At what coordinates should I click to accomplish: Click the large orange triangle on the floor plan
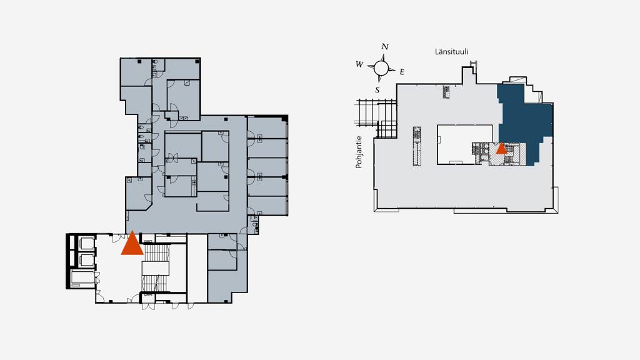(x=132, y=245)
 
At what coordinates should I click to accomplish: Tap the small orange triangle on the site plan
(x=501, y=149)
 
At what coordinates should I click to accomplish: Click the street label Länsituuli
(x=452, y=52)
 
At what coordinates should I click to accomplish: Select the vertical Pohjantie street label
(x=359, y=152)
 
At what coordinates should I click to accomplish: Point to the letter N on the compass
(x=385, y=47)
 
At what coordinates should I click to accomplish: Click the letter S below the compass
(x=377, y=89)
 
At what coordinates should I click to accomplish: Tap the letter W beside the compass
(x=359, y=64)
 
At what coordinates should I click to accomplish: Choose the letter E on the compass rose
(x=401, y=72)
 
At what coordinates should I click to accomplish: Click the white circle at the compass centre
(x=381, y=67)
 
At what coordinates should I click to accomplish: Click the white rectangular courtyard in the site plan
(x=460, y=144)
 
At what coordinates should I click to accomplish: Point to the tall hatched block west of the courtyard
(x=417, y=146)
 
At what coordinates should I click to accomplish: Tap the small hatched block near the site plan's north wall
(x=446, y=92)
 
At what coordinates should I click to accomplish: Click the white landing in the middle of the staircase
(x=156, y=268)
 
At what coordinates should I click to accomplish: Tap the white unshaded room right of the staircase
(x=197, y=269)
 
